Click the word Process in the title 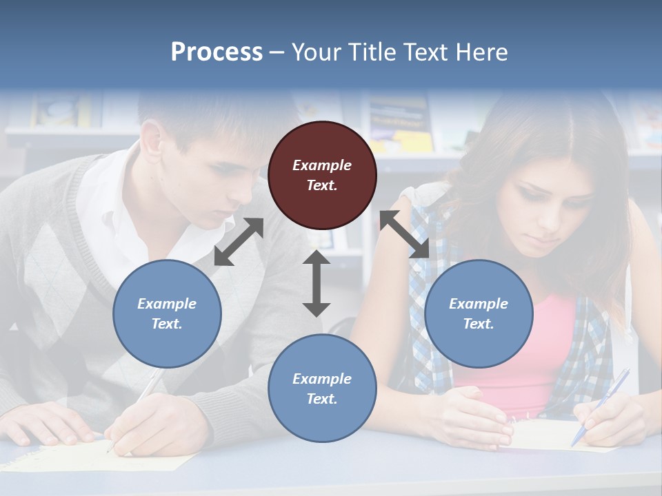tap(217, 52)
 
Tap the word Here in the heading tap(481, 52)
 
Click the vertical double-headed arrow tap(317, 283)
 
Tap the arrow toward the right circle tap(405, 234)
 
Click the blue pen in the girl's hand tap(601, 406)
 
